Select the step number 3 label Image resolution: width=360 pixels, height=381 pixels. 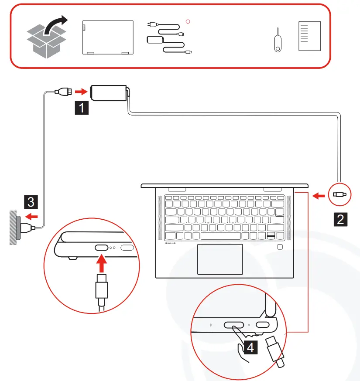click(30, 201)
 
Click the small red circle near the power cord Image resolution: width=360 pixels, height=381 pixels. click(188, 20)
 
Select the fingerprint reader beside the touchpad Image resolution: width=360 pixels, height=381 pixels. click(280, 247)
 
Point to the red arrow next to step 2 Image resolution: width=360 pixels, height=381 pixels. click(319, 196)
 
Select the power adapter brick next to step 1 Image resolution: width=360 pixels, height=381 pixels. click(108, 92)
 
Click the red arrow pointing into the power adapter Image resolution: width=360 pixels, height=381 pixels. click(80, 92)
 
